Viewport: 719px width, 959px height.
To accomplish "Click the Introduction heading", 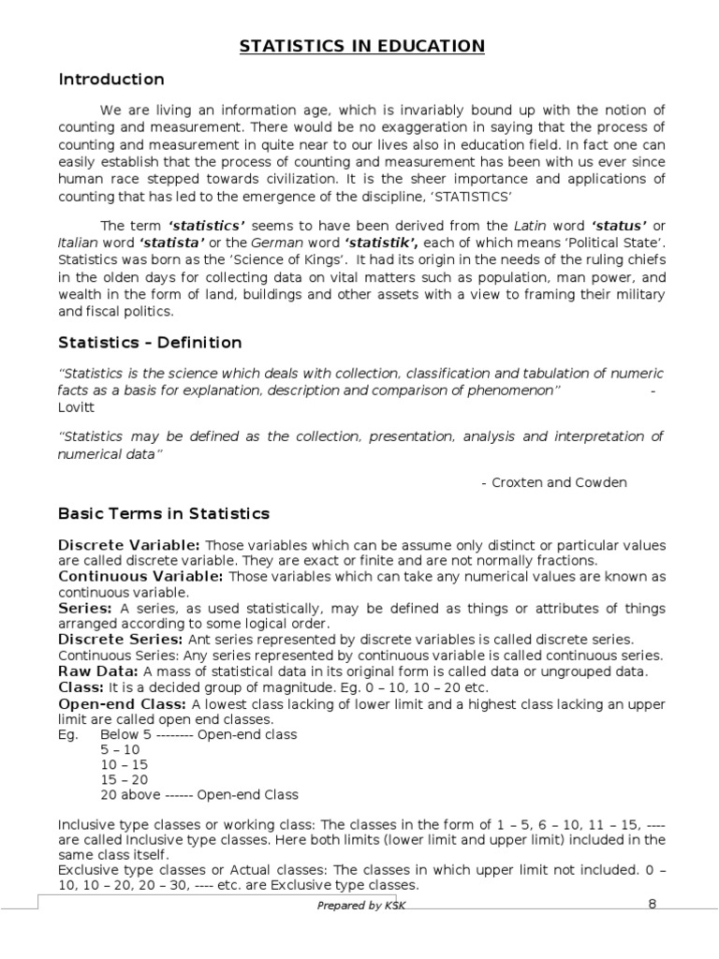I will pos(111,80).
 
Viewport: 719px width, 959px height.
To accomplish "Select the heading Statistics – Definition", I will pos(150,343).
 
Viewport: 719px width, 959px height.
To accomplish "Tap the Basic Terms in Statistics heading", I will pos(164,513).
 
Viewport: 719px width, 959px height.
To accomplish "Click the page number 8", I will pos(653,904).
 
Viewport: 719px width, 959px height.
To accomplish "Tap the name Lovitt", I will pos(77,408).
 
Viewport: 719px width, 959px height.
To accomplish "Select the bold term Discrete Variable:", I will pos(129,545).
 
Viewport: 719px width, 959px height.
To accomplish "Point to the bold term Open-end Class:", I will pos(123,704).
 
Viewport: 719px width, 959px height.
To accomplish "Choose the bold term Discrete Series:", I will pos(118,640).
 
